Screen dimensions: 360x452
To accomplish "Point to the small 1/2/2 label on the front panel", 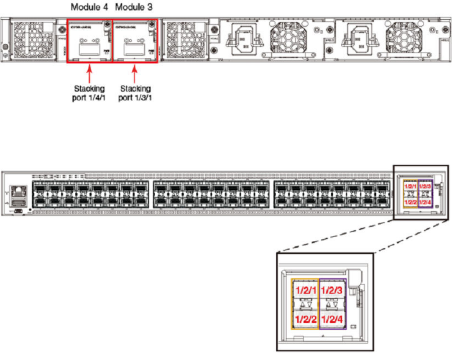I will click(410, 202).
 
